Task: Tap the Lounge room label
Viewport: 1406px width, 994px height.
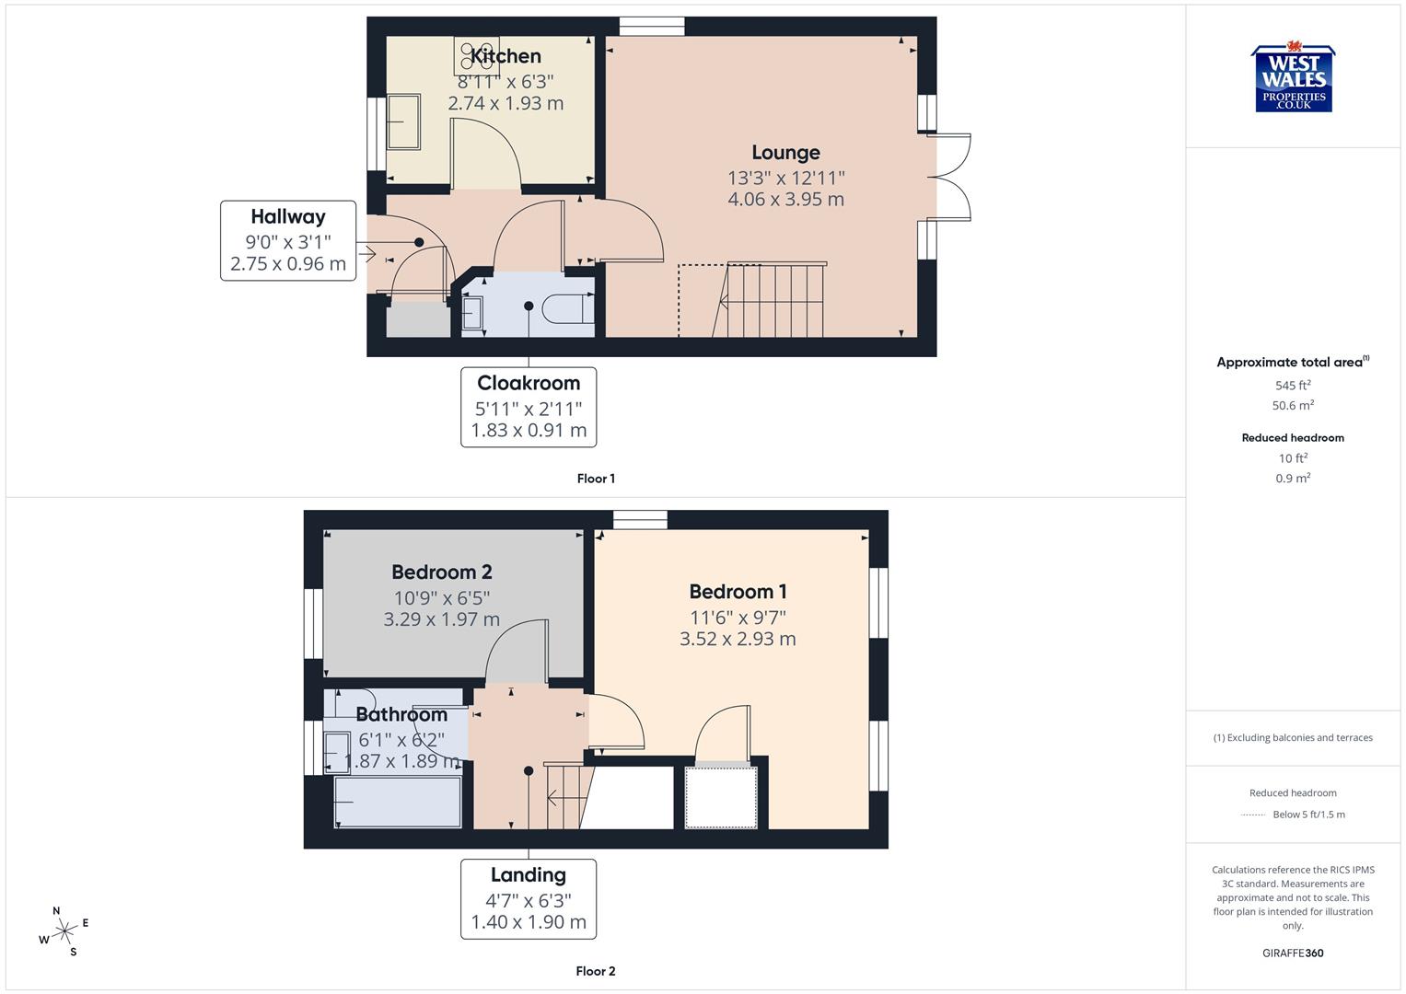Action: (785, 153)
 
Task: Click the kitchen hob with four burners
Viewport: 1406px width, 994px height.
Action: (476, 55)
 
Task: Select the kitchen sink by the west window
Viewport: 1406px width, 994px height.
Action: (403, 121)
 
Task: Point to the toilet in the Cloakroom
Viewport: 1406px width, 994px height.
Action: (568, 308)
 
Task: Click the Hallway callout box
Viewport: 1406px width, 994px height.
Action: (288, 240)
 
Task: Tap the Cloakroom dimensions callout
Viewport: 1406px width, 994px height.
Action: (529, 407)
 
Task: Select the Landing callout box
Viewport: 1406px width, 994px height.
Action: (529, 898)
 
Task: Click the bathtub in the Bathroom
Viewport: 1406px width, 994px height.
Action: (398, 802)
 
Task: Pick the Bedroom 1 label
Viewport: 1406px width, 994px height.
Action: (738, 592)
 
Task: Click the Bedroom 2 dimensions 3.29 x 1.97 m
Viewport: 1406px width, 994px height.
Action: (441, 619)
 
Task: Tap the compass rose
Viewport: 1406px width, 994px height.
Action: (64, 931)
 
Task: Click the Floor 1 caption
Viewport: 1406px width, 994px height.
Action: (596, 479)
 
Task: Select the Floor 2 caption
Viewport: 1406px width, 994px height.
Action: (596, 971)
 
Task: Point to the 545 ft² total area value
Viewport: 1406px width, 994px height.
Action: (1293, 386)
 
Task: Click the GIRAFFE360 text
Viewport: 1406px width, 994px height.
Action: (1293, 953)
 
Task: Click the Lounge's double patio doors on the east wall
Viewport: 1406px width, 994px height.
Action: (952, 177)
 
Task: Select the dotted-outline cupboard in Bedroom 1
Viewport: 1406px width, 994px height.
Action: (721, 796)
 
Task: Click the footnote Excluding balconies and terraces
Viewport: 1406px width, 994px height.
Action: (1293, 737)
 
